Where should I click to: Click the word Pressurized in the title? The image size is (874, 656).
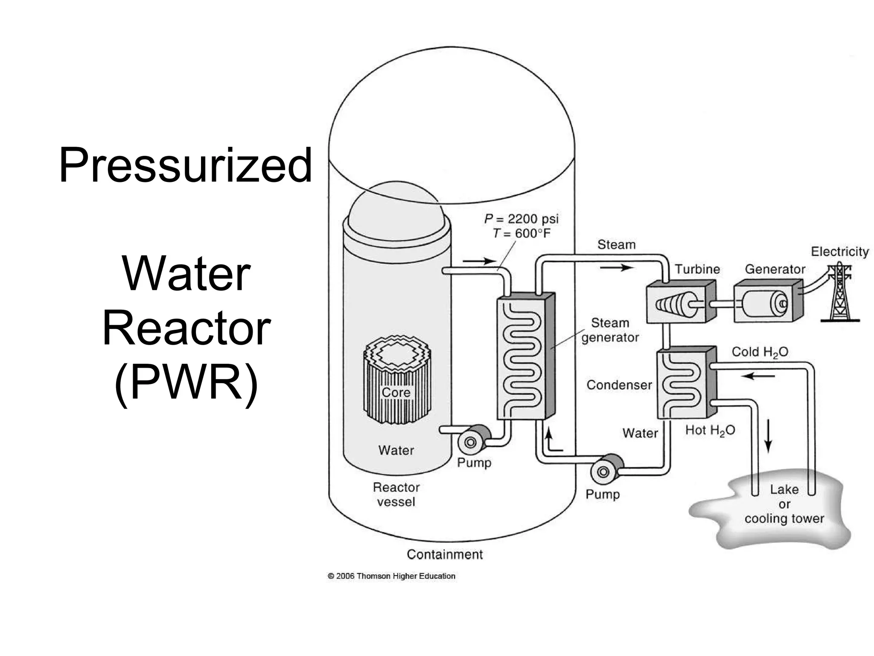185,166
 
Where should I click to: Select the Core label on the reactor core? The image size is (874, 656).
396,392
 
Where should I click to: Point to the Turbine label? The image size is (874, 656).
697,269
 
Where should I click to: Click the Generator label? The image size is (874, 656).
775,269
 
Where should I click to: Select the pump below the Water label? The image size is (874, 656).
606,471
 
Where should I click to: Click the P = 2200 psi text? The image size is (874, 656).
521,219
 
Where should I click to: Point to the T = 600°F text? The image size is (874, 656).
521,234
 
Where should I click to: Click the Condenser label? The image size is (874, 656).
619,385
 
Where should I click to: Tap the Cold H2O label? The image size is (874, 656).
760,352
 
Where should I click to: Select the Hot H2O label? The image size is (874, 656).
710,430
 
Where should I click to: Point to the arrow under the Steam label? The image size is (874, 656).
617,268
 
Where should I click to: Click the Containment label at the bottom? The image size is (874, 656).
444,554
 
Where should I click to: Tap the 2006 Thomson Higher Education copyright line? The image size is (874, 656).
391,576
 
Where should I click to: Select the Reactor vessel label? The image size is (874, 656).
396,494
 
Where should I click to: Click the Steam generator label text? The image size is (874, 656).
610,330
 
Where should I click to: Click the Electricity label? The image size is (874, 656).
839,252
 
